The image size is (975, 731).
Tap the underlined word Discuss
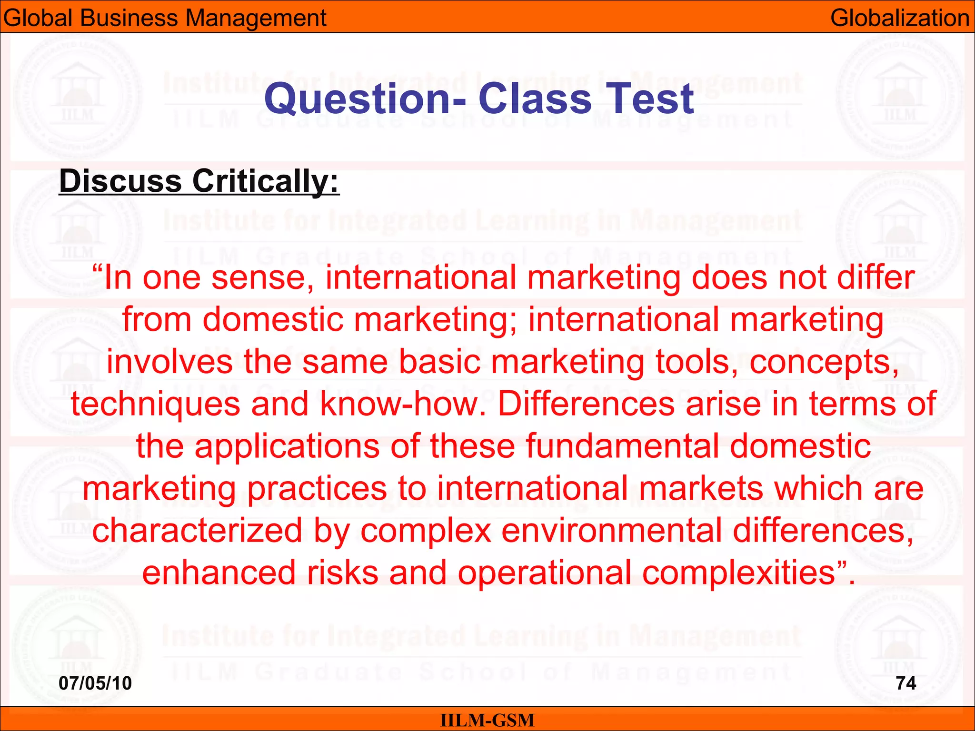[x=120, y=181]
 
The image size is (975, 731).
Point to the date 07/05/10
[x=95, y=683]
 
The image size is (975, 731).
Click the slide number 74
[x=906, y=683]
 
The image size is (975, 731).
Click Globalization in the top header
[x=900, y=18]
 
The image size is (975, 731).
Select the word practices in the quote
[x=317, y=488]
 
